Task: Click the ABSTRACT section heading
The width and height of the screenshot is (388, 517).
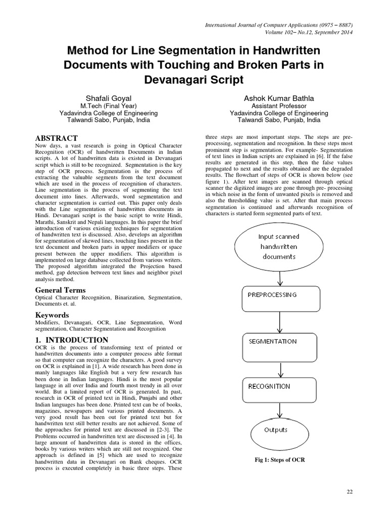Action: tap(56, 138)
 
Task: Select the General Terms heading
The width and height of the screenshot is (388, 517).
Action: tap(60, 290)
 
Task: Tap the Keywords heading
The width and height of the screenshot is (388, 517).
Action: tap(52, 315)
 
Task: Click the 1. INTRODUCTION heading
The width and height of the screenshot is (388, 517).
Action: tap(71, 340)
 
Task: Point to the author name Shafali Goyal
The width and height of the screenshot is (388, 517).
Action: tap(109, 97)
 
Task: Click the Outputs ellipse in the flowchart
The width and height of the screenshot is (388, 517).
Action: tap(277, 431)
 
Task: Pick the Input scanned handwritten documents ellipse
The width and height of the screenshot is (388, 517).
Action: tap(278, 247)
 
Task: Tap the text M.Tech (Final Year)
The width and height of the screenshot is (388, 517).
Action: tap(109, 106)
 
